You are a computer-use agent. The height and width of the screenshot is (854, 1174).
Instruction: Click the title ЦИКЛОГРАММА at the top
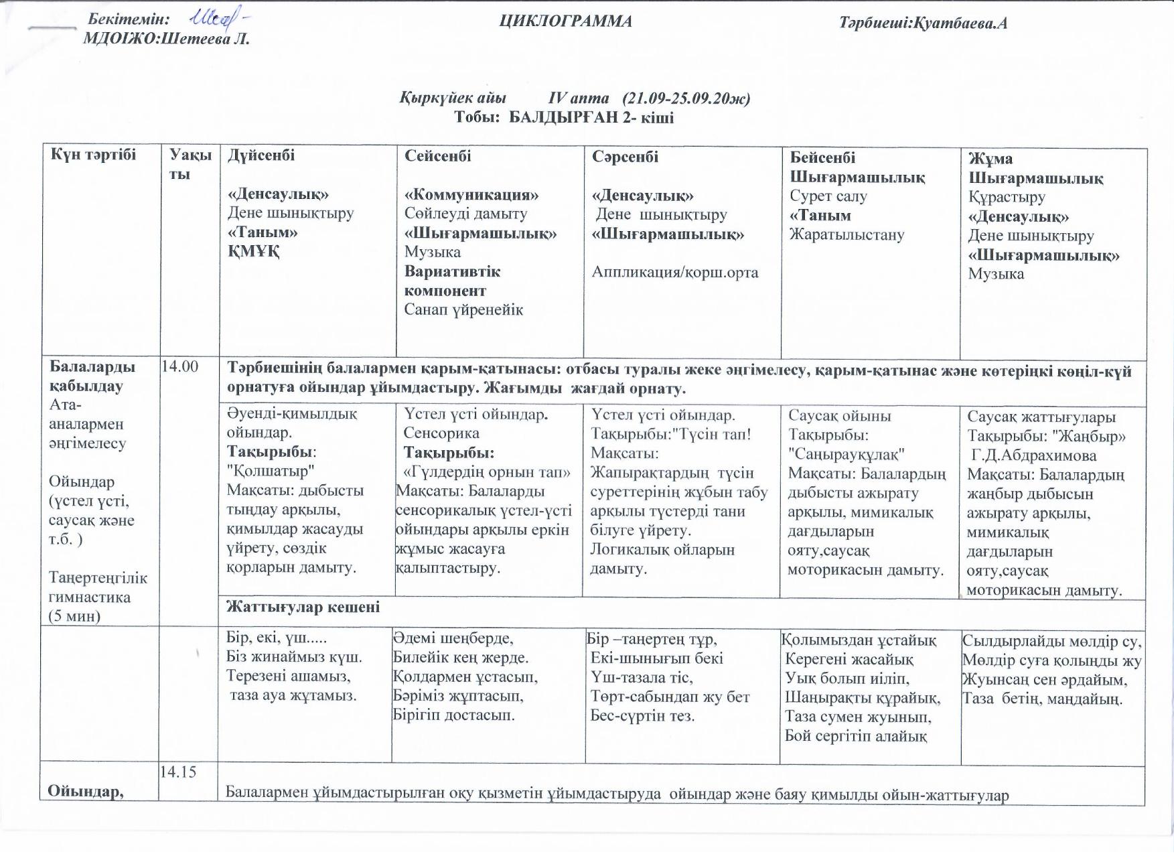pos(565,22)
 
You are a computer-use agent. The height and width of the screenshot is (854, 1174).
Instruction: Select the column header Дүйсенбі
pos(261,155)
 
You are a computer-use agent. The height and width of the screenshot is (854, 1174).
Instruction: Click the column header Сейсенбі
pos(438,156)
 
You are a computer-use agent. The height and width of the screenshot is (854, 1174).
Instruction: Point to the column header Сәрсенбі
pos(625,157)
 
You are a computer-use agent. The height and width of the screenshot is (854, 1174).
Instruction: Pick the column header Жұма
pos(990,159)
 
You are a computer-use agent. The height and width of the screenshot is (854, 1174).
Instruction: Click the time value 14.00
pos(181,366)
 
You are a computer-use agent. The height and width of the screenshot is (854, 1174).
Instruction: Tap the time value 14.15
pos(177,772)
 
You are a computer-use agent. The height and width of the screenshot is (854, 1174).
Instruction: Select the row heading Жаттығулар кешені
pos(303,607)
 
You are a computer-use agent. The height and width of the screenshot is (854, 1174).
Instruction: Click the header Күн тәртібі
pos(94,155)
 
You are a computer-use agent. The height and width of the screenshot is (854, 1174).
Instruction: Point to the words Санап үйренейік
pos(463,309)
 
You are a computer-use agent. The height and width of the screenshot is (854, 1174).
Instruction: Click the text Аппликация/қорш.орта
pos(675,272)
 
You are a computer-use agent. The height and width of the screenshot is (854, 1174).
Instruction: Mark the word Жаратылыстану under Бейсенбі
pos(847,234)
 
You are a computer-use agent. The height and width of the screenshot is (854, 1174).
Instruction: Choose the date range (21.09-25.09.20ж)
pos(686,98)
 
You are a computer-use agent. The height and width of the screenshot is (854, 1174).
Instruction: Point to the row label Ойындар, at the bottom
pos(86,791)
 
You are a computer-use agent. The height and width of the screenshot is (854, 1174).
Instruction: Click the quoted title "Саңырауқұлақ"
pos(847,454)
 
